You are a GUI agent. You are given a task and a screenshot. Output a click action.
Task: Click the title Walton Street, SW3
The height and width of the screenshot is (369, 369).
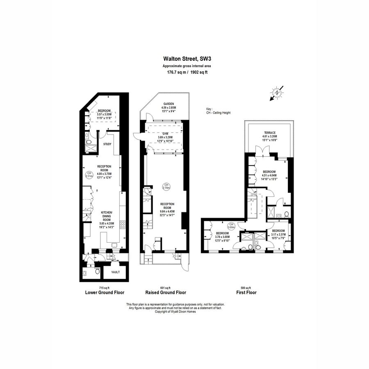pyautogui.click(x=184, y=59)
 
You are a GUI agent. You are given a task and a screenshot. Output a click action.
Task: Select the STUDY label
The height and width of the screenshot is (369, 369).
pyautogui.click(x=107, y=144)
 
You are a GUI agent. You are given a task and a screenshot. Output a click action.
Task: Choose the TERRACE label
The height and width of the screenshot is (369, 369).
pyautogui.click(x=269, y=136)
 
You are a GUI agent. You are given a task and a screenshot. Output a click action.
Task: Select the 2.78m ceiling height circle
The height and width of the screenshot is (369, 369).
pyautogui.click(x=166, y=186)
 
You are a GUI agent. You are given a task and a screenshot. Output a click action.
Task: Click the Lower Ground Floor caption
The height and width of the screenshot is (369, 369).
pyautogui.click(x=104, y=293)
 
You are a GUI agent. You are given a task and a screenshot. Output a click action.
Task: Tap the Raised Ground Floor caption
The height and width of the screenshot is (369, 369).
pyautogui.click(x=166, y=293)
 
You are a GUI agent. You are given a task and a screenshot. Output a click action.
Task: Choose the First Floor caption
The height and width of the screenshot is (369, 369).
pyautogui.click(x=246, y=293)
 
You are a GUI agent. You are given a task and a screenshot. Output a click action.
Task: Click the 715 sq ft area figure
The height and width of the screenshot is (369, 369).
pyautogui.click(x=104, y=288)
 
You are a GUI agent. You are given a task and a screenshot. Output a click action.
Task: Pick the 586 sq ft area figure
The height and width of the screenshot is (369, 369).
pyautogui.click(x=246, y=288)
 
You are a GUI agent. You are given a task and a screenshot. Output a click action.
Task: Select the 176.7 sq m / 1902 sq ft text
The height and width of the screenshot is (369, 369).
pyautogui.click(x=184, y=73)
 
